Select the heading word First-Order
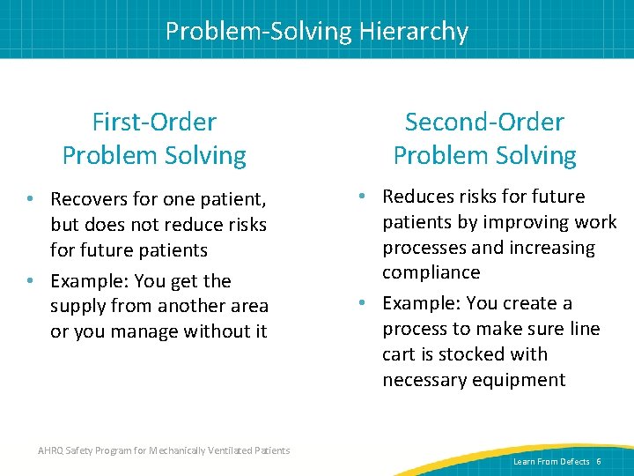coord(154,122)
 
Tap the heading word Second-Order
coord(484,122)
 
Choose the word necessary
coord(426,380)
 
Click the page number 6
coord(599,462)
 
